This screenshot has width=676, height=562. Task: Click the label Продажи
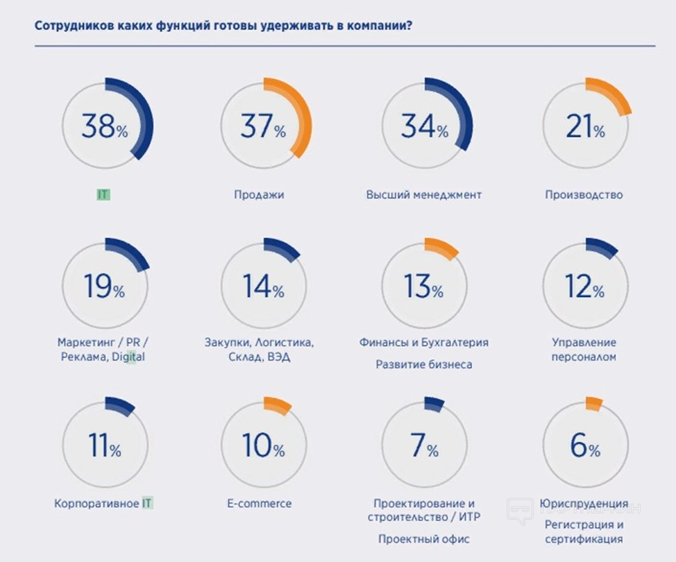pyautogui.click(x=259, y=195)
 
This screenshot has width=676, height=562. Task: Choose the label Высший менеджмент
pyautogui.click(x=423, y=195)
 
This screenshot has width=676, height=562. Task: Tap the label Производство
pyautogui.click(x=584, y=195)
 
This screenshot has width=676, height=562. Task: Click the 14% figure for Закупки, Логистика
pyautogui.click(x=263, y=287)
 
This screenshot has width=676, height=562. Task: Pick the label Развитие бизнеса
pyautogui.click(x=424, y=364)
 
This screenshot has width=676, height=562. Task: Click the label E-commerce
pyautogui.click(x=259, y=504)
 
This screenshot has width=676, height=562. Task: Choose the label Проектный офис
pyautogui.click(x=424, y=539)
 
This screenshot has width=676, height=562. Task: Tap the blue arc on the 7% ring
pyautogui.click(x=434, y=405)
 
